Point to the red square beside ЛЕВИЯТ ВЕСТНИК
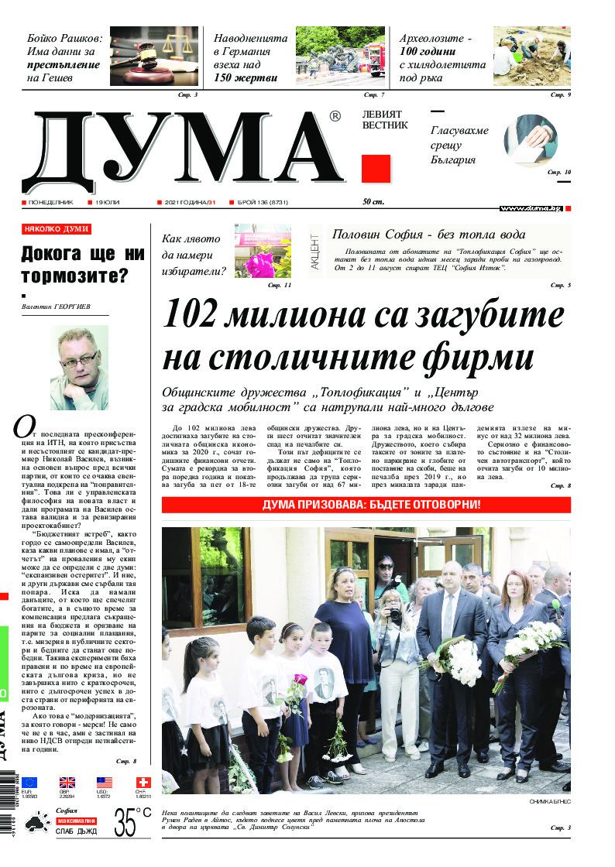point(376,169)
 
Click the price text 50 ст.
point(375,202)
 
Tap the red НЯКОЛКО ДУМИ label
point(57,229)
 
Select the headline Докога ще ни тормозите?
point(82,265)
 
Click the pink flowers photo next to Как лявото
point(263,252)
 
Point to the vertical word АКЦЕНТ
point(315,252)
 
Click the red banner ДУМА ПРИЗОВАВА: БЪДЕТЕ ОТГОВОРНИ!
point(366,505)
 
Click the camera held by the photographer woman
point(395,614)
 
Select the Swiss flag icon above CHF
point(142,782)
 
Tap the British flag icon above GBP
point(67,782)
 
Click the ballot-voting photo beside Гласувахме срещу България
point(531,139)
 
